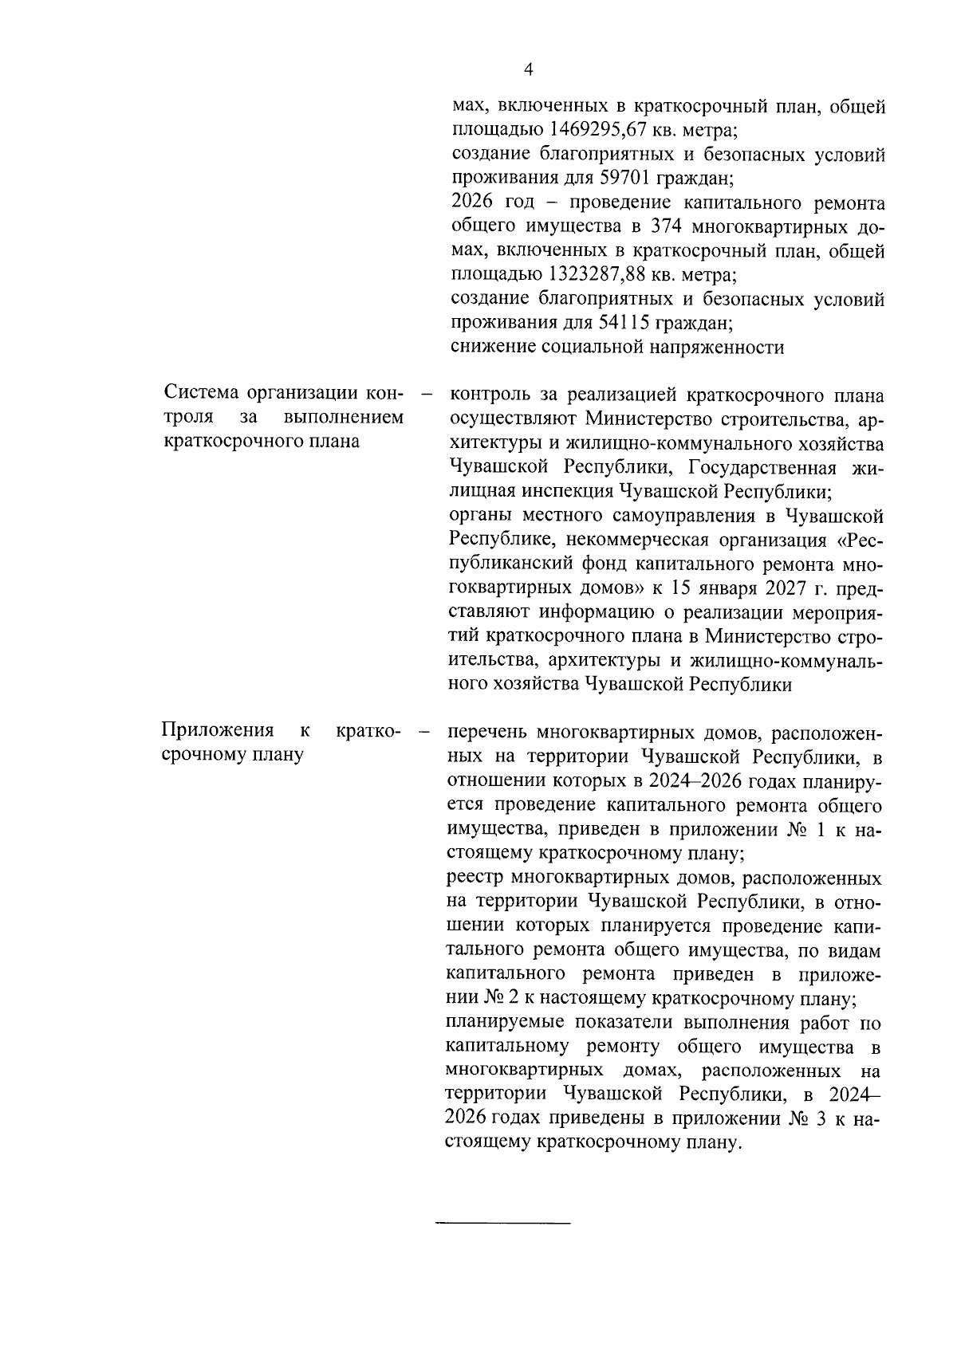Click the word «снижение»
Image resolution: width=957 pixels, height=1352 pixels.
coord(493,348)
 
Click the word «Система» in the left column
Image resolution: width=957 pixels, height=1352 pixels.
coord(203,393)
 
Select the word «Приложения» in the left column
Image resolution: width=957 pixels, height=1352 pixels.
coord(218,730)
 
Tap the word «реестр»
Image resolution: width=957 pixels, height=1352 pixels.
coord(476,878)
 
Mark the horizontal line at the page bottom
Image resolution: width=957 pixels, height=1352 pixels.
coord(503,1222)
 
